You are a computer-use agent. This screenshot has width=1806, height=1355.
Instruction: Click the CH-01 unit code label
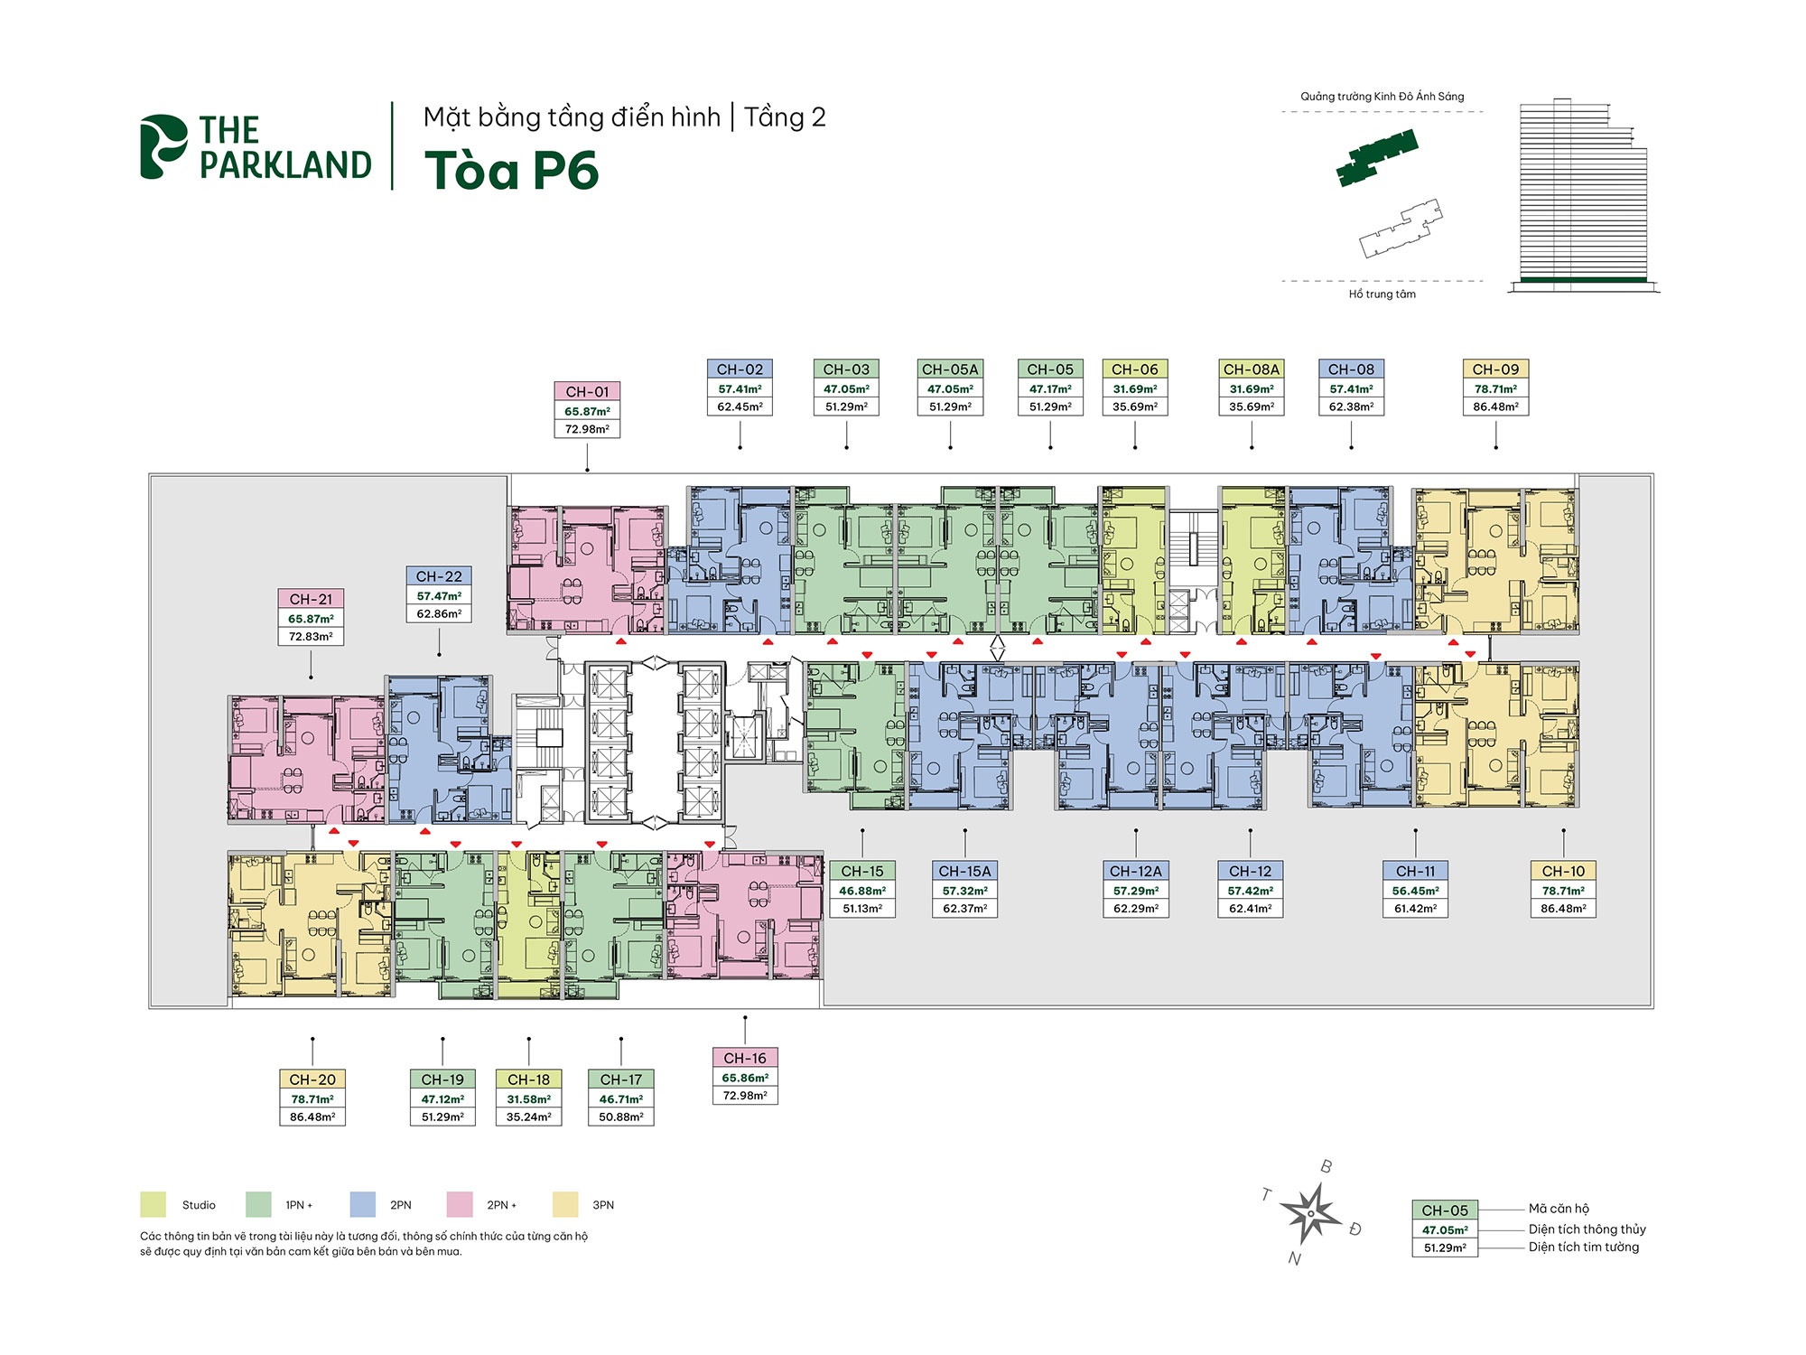click(x=587, y=392)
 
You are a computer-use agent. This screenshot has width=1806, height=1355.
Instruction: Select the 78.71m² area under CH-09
click(x=1495, y=389)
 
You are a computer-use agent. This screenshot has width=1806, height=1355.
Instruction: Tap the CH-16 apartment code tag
click(x=745, y=1058)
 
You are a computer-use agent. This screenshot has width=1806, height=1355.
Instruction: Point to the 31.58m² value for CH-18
click(x=529, y=1099)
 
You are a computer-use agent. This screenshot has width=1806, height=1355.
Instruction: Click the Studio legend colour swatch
click(x=154, y=1205)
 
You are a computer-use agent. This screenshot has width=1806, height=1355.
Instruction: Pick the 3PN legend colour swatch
click(x=565, y=1205)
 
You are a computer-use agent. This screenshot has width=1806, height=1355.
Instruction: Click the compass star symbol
click(x=1311, y=1212)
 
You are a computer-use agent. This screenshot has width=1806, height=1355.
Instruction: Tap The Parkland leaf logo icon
click(x=163, y=146)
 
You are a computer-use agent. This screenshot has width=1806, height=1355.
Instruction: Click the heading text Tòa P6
click(x=511, y=171)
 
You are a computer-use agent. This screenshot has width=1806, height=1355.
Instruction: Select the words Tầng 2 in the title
click(x=785, y=117)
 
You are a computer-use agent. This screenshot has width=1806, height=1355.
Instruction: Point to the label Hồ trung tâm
click(x=1382, y=294)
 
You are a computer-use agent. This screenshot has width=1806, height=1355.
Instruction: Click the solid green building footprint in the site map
click(x=1377, y=158)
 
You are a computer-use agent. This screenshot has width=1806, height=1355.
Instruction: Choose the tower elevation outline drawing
click(x=1583, y=194)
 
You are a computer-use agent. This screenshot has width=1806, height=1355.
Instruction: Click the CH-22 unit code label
click(x=439, y=576)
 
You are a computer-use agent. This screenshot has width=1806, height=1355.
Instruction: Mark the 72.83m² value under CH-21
click(x=311, y=637)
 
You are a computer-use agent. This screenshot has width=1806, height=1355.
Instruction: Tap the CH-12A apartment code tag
click(x=1136, y=871)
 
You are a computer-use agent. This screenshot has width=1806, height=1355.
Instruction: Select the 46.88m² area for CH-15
click(x=862, y=891)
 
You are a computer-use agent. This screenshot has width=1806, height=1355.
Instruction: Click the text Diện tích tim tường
click(x=1584, y=1248)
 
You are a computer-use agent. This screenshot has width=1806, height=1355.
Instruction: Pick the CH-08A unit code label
click(x=1252, y=369)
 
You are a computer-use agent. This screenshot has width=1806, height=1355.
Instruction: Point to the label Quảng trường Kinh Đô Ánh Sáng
click(x=1382, y=97)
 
